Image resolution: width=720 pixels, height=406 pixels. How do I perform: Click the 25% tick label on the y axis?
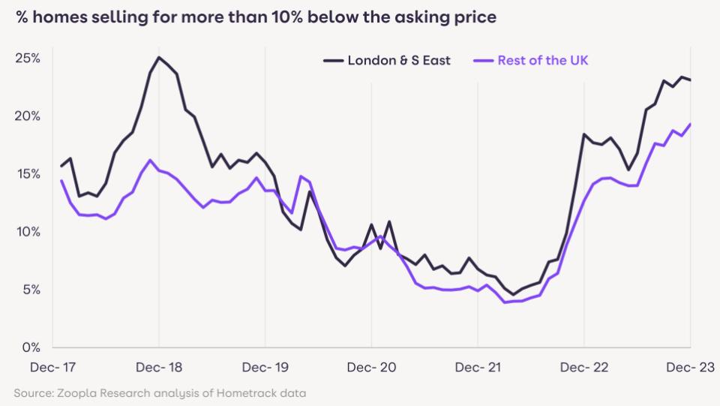[x=29, y=59]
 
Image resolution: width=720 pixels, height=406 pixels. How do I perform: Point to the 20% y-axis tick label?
[x=29, y=116]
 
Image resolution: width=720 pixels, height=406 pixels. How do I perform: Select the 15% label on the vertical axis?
[x=29, y=174]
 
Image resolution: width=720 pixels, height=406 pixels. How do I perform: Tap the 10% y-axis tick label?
[x=29, y=232]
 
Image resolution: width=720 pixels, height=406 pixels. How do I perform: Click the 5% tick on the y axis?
[x=31, y=290]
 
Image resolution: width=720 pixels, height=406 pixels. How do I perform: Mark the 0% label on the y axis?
[x=31, y=347]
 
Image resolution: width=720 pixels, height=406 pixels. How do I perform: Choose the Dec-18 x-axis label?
[x=158, y=368]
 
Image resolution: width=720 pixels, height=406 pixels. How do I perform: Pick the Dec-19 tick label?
[x=265, y=368]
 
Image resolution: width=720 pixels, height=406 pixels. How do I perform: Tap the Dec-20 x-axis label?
[x=371, y=368]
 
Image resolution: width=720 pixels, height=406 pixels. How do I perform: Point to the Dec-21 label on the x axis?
[x=478, y=368]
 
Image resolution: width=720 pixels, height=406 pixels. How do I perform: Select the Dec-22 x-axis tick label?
[x=584, y=368]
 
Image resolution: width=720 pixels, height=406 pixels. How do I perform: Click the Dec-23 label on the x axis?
[x=689, y=368]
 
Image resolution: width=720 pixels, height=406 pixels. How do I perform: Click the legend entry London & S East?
[x=398, y=61]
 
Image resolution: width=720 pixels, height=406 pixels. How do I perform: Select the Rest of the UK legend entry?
[x=542, y=61]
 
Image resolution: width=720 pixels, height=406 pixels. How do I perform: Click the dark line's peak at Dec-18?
[x=158, y=58]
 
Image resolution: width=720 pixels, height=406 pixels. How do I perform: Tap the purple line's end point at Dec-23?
[x=690, y=125]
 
